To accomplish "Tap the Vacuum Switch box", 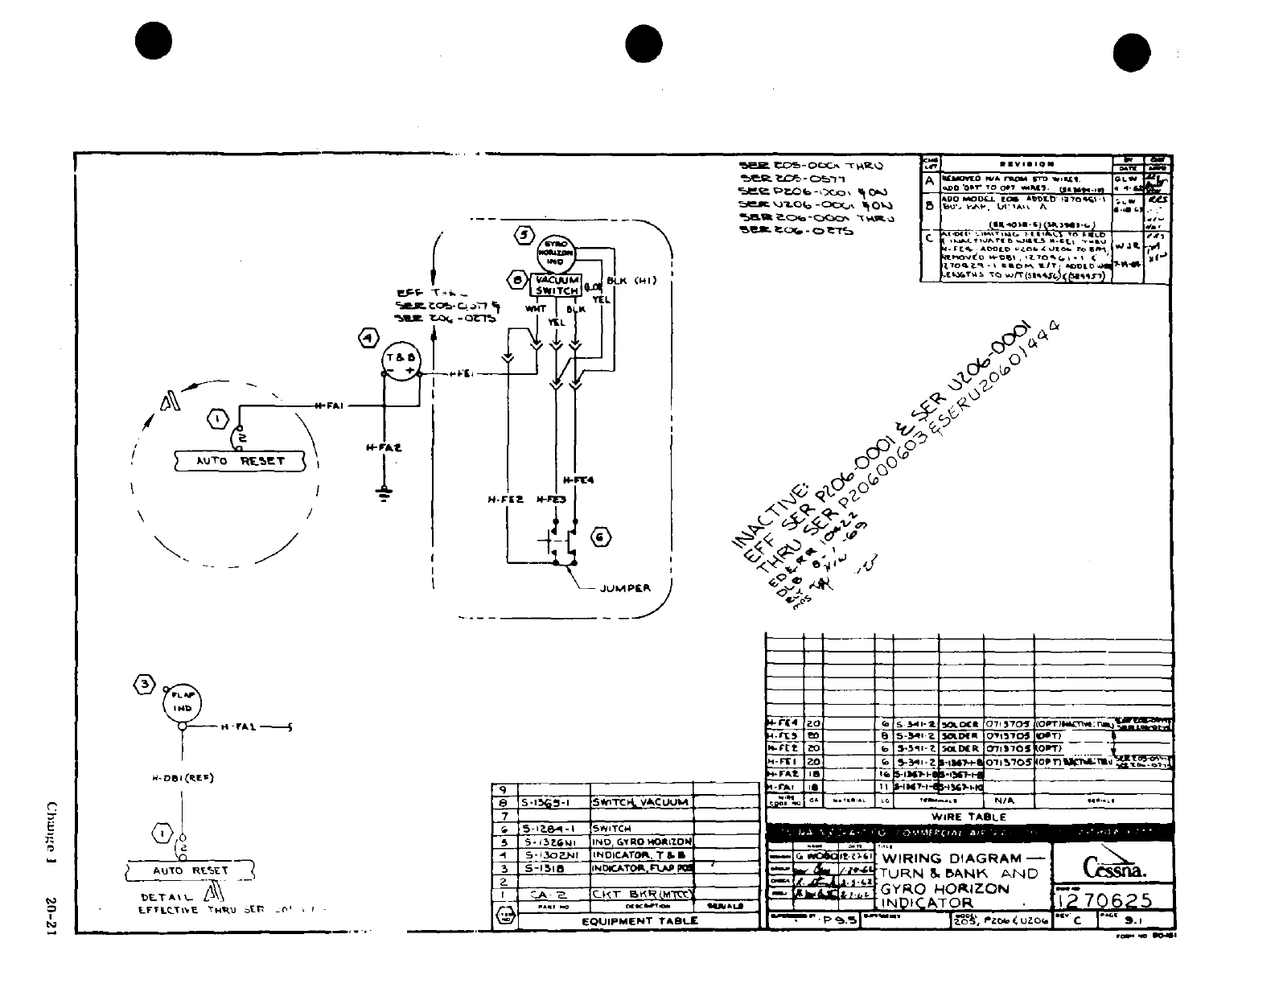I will tap(555, 286).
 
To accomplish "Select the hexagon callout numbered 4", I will tap(368, 338).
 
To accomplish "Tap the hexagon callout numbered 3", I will tap(144, 685).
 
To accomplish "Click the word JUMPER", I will tap(625, 588).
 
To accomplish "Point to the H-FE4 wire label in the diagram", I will tap(578, 480).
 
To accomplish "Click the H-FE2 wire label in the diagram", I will tap(505, 499).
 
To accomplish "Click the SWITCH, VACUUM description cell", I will tap(640, 802).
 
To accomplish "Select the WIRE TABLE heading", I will tap(969, 817).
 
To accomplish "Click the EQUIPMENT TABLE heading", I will tap(639, 921).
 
